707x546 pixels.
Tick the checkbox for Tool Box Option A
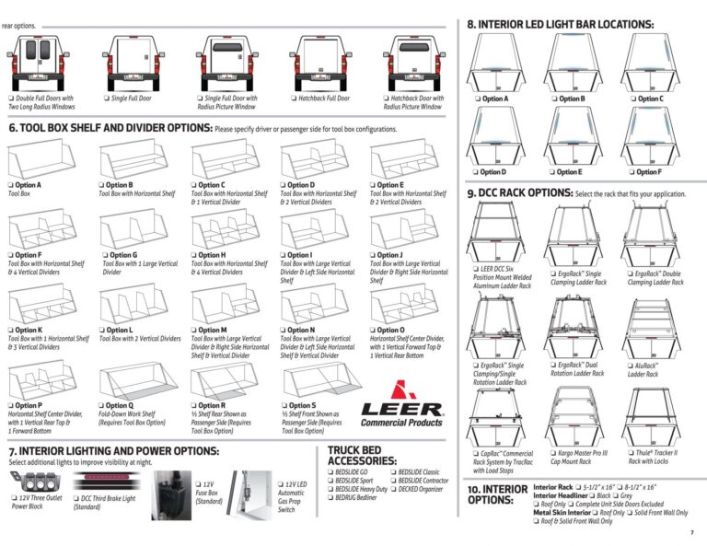12,185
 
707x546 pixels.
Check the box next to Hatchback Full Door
294,98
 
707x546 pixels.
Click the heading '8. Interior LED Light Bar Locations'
560,25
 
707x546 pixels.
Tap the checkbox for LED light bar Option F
633,171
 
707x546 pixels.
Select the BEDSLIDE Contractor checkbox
393,481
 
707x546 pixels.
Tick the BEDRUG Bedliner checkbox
330,496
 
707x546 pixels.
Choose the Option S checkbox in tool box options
284,406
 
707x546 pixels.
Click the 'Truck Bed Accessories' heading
362,455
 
